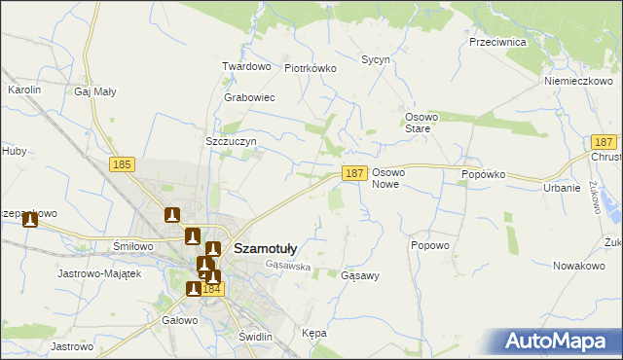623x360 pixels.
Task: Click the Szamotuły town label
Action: (x=266, y=248)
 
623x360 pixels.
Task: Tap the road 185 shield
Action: (x=122, y=165)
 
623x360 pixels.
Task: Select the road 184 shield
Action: (x=214, y=289)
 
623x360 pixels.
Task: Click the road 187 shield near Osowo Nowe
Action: (x=353, y=172)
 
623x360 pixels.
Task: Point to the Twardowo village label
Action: (x=245, y=66)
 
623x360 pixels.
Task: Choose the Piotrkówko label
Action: (x=310, y=68)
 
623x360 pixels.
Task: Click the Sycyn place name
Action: (x=376, y=59)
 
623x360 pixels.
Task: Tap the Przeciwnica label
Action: (x=497, y=43)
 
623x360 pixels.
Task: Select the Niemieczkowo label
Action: (x=576, y=81)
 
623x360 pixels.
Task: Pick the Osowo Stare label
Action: (x=424, y=123)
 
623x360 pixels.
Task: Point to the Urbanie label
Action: (x=562, y=188)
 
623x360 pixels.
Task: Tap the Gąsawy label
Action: (x=360, y=275)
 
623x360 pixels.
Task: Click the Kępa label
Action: (x=314, y=333)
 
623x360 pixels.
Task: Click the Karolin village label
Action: (x=24, y=90)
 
